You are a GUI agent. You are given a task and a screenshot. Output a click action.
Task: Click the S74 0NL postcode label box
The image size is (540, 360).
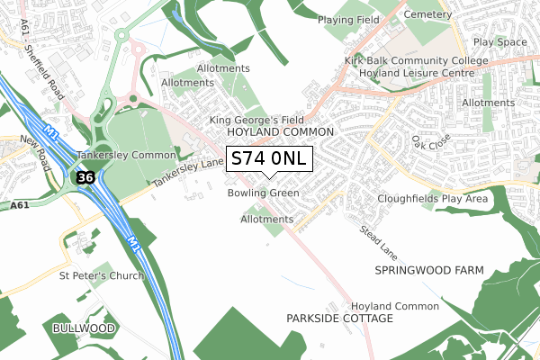coord(269,159)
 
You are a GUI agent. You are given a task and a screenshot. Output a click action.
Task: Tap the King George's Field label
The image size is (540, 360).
coord(256,120)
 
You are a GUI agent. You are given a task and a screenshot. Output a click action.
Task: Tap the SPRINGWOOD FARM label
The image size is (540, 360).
coord(429,270)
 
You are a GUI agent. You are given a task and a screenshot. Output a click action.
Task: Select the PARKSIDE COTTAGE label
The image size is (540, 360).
coord(339,319)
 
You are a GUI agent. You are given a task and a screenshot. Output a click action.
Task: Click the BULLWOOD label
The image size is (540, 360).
coord(84,328)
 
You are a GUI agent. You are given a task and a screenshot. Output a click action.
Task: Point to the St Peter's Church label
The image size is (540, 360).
coord(101,275)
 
